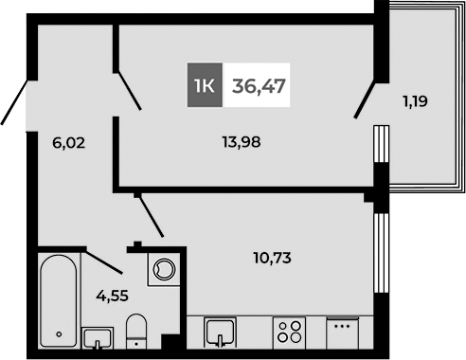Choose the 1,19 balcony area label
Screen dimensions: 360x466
(414, 99)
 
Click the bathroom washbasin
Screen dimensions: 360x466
(98, 336)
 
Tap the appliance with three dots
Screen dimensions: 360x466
(342, 334)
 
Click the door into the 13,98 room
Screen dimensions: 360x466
(129, 90)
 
